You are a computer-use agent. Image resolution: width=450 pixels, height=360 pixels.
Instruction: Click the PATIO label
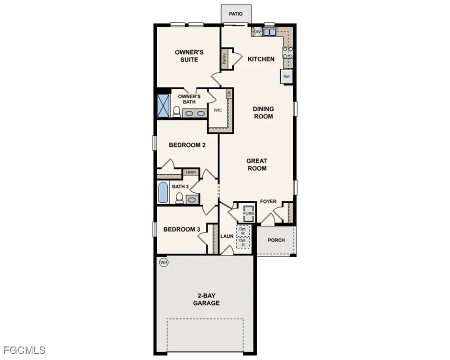click(x=235, y=14)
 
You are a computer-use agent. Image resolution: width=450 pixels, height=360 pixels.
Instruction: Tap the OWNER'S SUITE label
click(x=186, y=55)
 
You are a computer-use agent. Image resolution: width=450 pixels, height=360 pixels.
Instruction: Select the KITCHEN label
click(x=261, y=59)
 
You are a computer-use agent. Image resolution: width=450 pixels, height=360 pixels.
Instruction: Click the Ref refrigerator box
click(x=286, y=76)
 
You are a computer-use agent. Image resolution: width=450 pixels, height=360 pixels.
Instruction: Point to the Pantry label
click(x=224, y=59)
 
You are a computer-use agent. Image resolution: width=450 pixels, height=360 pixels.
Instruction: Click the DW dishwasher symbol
click(x=257, y=32)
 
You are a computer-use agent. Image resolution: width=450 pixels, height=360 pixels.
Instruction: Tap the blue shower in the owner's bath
click(x=163, y=103)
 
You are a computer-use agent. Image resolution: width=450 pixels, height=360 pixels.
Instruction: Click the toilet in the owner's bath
click(x=176, y=112)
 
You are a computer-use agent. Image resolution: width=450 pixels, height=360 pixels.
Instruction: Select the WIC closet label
click(x=217, y=110)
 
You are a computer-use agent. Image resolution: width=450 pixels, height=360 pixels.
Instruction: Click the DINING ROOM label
click(x=263, y=112)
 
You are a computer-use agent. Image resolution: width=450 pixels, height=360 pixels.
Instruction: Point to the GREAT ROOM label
click(x=256, y=164)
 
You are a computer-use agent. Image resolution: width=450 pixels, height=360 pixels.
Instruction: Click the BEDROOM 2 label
click(x=187, y=145)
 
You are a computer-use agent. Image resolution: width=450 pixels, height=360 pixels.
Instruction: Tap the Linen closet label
click(x=190, y=172)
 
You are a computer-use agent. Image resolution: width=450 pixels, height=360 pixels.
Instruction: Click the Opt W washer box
click(x=243, y=230)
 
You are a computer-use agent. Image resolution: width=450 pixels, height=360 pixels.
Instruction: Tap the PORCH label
click(x=276, y=240)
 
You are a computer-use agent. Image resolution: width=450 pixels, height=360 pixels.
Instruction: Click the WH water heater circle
click(x=163, y=262)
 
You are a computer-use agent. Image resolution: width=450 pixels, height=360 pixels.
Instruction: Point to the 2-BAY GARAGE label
click(x=206, y=299)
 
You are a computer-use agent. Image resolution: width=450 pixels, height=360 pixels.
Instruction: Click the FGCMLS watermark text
click(x=24, y=349)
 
